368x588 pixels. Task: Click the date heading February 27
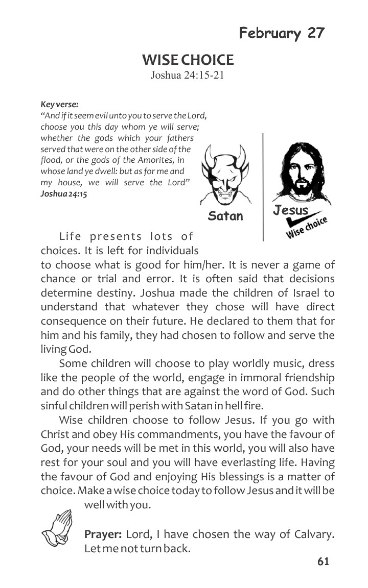(x=282, y=33)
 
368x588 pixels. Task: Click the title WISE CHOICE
(x=188, y=60)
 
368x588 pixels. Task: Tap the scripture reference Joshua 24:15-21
(x=188, y=76)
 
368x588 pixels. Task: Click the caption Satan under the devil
(x=225, y=215)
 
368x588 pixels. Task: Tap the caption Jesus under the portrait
(x=290, y=210)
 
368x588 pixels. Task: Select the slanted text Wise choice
(x=307, y=228)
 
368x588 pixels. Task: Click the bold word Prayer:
(x=103, y=535)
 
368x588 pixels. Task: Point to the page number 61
(x=323, y=561)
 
